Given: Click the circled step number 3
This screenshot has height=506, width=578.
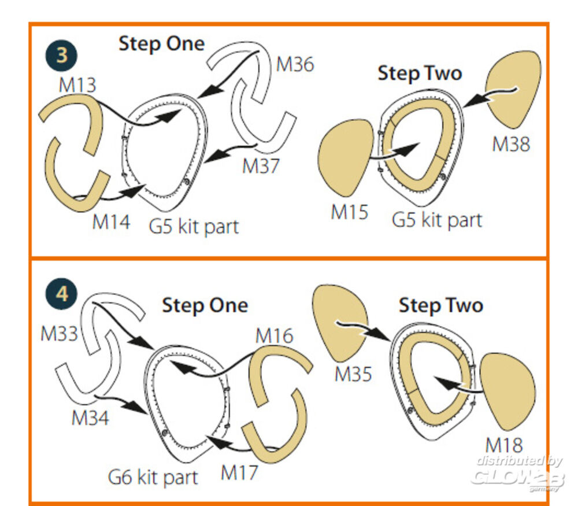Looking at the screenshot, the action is point(61,56).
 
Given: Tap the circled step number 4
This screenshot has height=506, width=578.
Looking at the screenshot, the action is point(61,294).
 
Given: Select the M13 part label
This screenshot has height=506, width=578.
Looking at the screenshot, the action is point(77,85).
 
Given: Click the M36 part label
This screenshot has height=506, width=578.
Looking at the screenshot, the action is point(295,64).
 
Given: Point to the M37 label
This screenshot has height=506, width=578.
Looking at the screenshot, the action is point(261,166).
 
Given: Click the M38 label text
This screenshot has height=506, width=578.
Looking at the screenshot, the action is point(511,144).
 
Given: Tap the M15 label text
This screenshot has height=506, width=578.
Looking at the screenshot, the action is point(350,212).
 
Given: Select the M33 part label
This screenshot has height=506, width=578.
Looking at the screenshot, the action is point(59,334).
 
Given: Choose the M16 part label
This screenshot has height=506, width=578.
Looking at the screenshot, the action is point(274,335).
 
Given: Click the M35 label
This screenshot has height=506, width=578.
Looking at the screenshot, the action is point(353,374).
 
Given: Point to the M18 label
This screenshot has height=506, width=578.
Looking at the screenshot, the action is point(504,445).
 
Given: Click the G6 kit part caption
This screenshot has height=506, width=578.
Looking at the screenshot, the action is point(153,477).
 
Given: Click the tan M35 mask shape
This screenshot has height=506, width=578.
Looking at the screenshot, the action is point(340,322).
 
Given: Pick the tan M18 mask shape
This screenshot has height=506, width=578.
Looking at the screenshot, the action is point(508,391).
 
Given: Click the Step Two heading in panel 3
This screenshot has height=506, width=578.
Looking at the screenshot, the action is point(420,73).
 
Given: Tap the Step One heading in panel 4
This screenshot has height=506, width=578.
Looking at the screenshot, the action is point(205,305).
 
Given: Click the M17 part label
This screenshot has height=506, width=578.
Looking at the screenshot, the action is point(239,472).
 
